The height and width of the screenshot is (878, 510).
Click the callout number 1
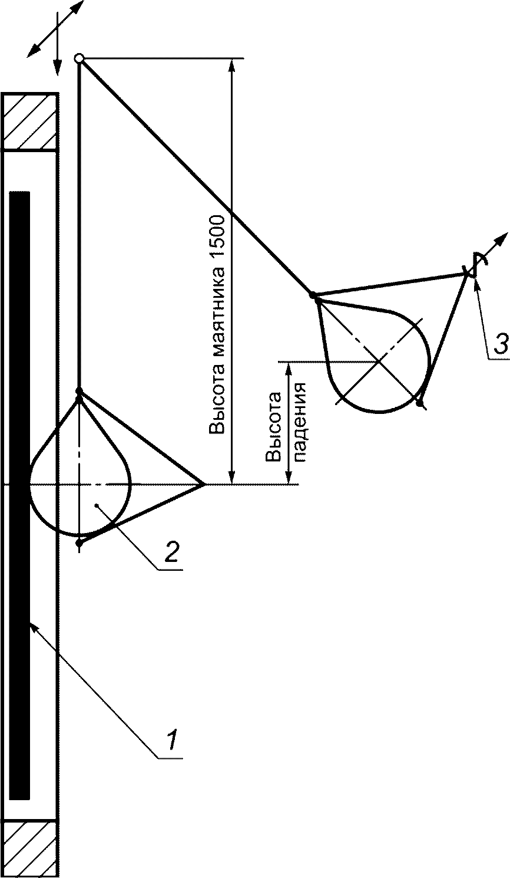pyautogui.click(x=171, y=739)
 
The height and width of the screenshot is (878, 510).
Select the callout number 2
pyautogui.click(x=171, y=553)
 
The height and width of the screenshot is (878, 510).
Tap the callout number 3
pyautogui.click(x=499, y=344)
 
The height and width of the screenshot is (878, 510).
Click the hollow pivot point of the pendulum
pyautogui.click(x=79, y=58)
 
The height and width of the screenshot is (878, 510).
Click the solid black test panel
pyautogui.click(x=19, y=495)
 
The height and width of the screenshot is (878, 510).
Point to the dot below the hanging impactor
pyautogui.click(x=80, y=542)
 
